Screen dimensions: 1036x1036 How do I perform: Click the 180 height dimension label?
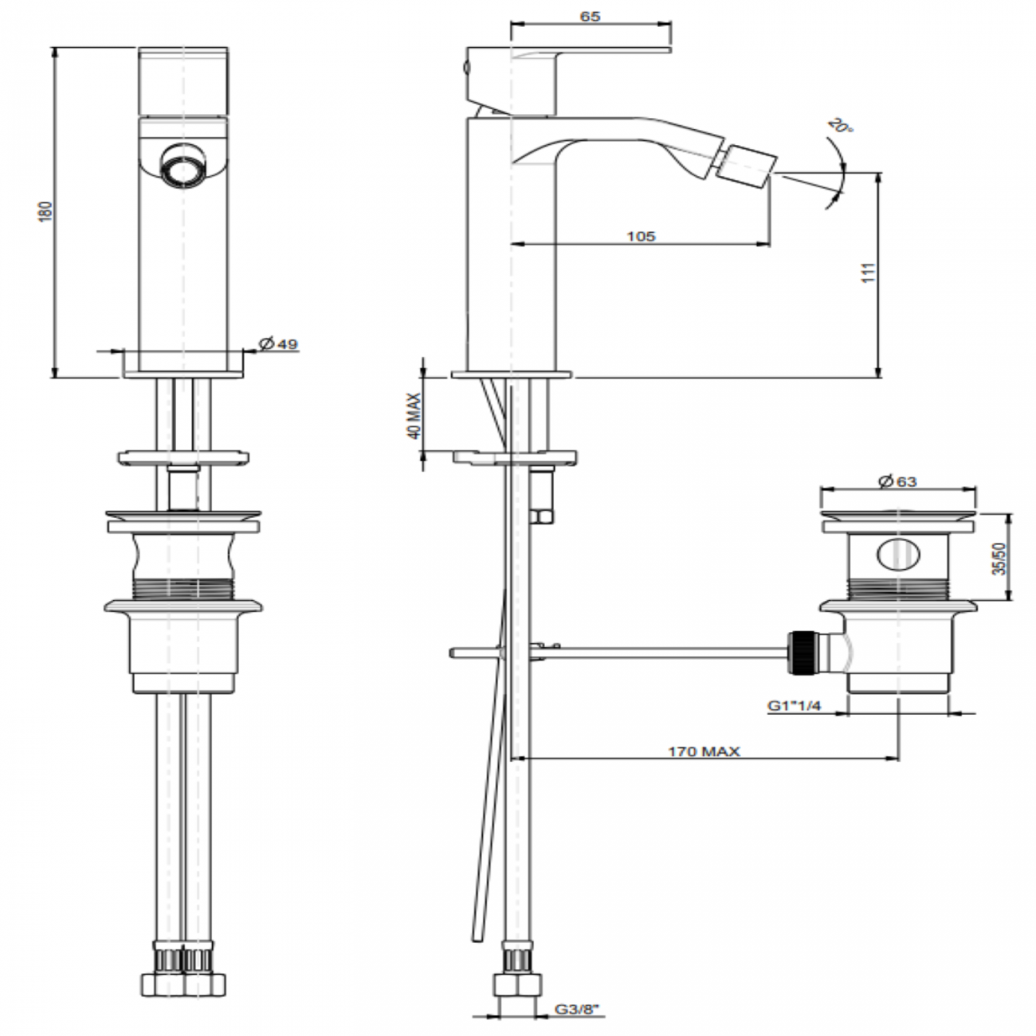point(46,211)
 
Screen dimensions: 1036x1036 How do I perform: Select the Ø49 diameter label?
point(278,344)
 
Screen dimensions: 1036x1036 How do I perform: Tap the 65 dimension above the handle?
point(591,17)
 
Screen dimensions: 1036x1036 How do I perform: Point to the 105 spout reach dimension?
point(641,236)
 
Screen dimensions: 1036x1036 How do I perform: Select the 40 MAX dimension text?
point(414,416)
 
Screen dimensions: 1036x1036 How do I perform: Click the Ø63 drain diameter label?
point(897,481)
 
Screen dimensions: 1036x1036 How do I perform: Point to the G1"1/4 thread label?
point(794,705)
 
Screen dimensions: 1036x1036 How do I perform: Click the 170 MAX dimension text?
point(704,751)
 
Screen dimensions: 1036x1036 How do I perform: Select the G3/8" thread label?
point(576,1010)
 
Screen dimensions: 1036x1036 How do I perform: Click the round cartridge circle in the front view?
point(184,166)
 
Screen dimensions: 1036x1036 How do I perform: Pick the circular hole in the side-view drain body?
point(897,555)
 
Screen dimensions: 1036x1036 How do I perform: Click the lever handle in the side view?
point(590,53)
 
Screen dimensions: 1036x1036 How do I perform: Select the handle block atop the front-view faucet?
point(185,81)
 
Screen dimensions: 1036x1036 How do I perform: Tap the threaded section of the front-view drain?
point(184,589)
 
